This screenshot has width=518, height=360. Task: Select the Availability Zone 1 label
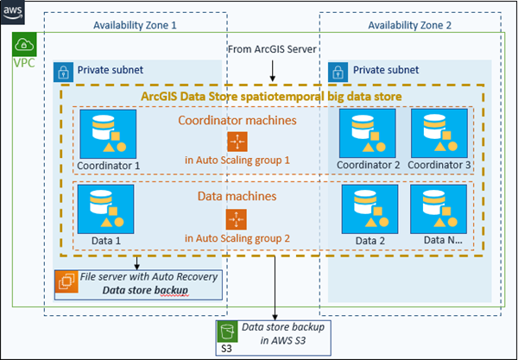point(135,25)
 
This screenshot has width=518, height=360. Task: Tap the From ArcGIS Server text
point(273,48)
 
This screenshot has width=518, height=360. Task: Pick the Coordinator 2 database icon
point(362,129)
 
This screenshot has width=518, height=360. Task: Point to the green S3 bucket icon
point(228,332)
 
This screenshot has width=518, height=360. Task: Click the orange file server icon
point(66,281)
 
